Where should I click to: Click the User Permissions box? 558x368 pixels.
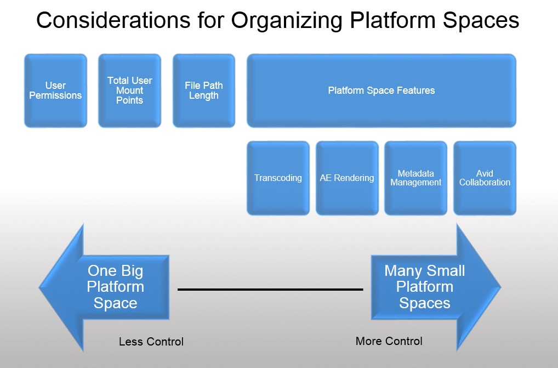click(x=55, y=90)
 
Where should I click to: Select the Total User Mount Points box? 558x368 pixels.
click(x=129, y=90)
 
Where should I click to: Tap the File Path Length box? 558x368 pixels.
click(x=204, y=90)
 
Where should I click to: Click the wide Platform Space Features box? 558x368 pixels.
click(x=382, y=90)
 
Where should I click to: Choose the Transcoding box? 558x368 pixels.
click(x=278, y=178)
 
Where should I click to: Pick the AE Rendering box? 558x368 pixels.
click(x=347, y=178)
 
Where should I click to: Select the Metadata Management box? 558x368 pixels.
click(x=415, y=178)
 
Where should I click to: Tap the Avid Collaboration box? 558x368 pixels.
click(x=485, y=178)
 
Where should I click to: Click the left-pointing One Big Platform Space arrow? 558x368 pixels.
click(x=104, y=287)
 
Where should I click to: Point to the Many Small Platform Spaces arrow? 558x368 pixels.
click(x=436, y=287)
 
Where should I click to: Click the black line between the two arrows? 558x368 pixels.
click(x=270, y=290)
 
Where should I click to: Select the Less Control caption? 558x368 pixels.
click(x=151, y=342)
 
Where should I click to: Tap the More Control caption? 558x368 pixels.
click(x=389, y=341)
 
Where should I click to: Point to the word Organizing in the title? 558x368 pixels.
click(x=287, y=21)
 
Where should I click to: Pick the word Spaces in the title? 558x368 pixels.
click(x=481, y=21)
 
